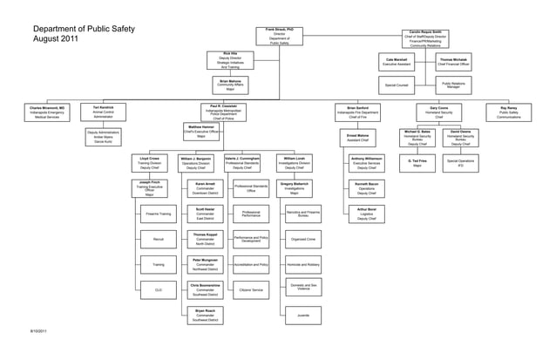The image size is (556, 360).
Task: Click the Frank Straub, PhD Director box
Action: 279,36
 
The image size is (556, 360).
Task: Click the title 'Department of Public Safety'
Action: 85,30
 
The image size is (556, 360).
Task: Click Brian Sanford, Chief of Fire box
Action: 358,112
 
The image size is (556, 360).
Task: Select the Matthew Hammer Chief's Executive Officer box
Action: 201,131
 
